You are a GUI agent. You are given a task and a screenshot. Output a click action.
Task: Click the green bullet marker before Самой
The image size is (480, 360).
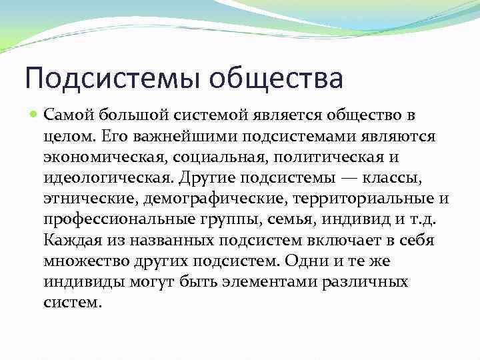pyautogui.click(x=35, y=116)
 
